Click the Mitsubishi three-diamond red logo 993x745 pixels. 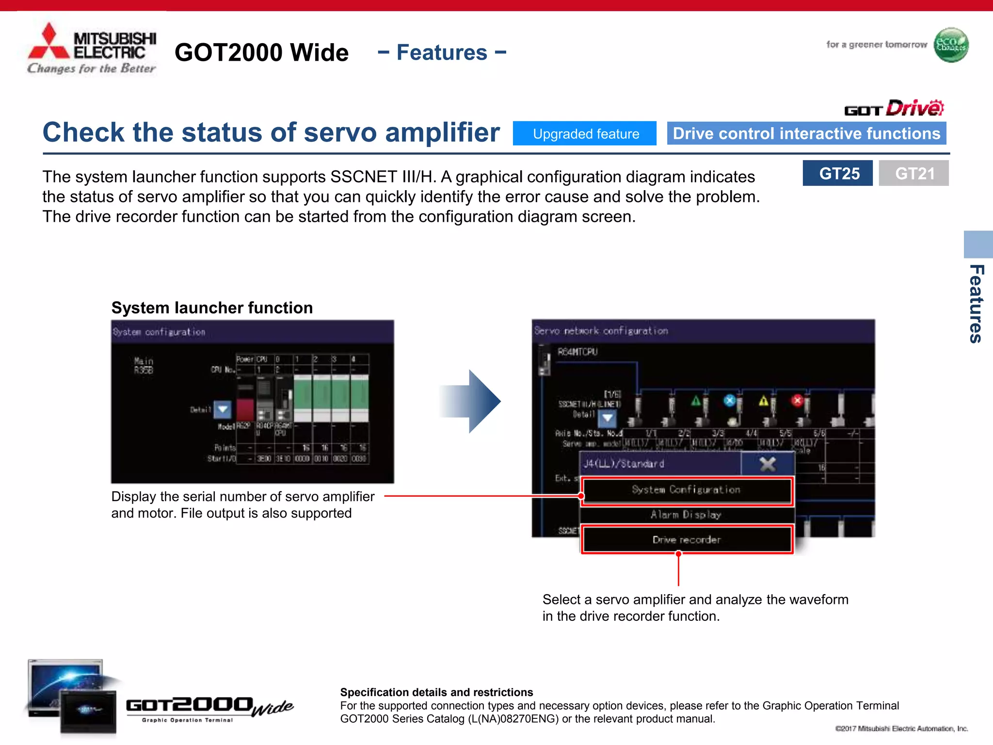tap(48, 42)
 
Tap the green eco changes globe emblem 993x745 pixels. tap(951, 45)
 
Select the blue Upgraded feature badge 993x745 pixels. tap(585, 133)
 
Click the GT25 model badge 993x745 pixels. tap(838, 173)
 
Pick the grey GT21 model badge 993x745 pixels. tap(913, 173)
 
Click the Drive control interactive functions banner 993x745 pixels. tap(806, 133)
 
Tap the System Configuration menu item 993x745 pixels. tap(686, 490)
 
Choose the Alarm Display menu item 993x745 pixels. tap(686, 515)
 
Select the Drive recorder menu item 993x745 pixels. tap(686, 540)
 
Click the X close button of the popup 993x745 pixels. tap(768, 464)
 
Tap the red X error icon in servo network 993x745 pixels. tap(797, 401)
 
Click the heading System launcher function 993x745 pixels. tap(212, 308)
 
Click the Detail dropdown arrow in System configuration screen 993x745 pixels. tap(223, 409)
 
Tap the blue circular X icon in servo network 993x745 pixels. tap(729, 401)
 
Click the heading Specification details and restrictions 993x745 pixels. tap(436, 692)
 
